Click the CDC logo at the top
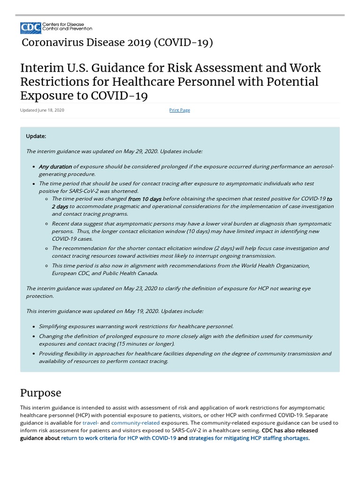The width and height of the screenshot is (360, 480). (x=31, y=28)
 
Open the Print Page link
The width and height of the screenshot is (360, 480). (x=180, y=110)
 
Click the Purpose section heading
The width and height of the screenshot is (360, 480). (x=40, y=393)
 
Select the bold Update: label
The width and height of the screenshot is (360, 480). (x=36, y=136)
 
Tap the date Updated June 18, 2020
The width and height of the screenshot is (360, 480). (x=42, y=110)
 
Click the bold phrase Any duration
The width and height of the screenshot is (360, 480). (x=55, y=166)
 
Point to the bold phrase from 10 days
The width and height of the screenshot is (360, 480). (x=144, y=199)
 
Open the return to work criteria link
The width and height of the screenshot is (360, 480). (x=119, y=438)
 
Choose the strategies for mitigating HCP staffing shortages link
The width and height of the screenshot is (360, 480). (x=248, y=438)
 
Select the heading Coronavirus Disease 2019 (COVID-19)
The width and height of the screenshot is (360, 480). (x=117, y=43)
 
